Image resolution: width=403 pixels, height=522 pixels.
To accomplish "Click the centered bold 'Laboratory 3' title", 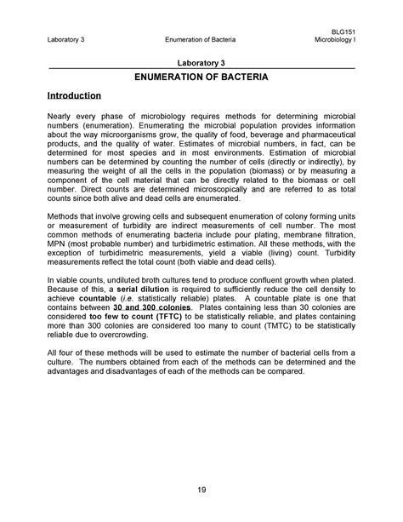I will (201, 63).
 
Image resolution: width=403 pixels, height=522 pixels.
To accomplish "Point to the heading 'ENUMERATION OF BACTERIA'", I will (201, 77).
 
